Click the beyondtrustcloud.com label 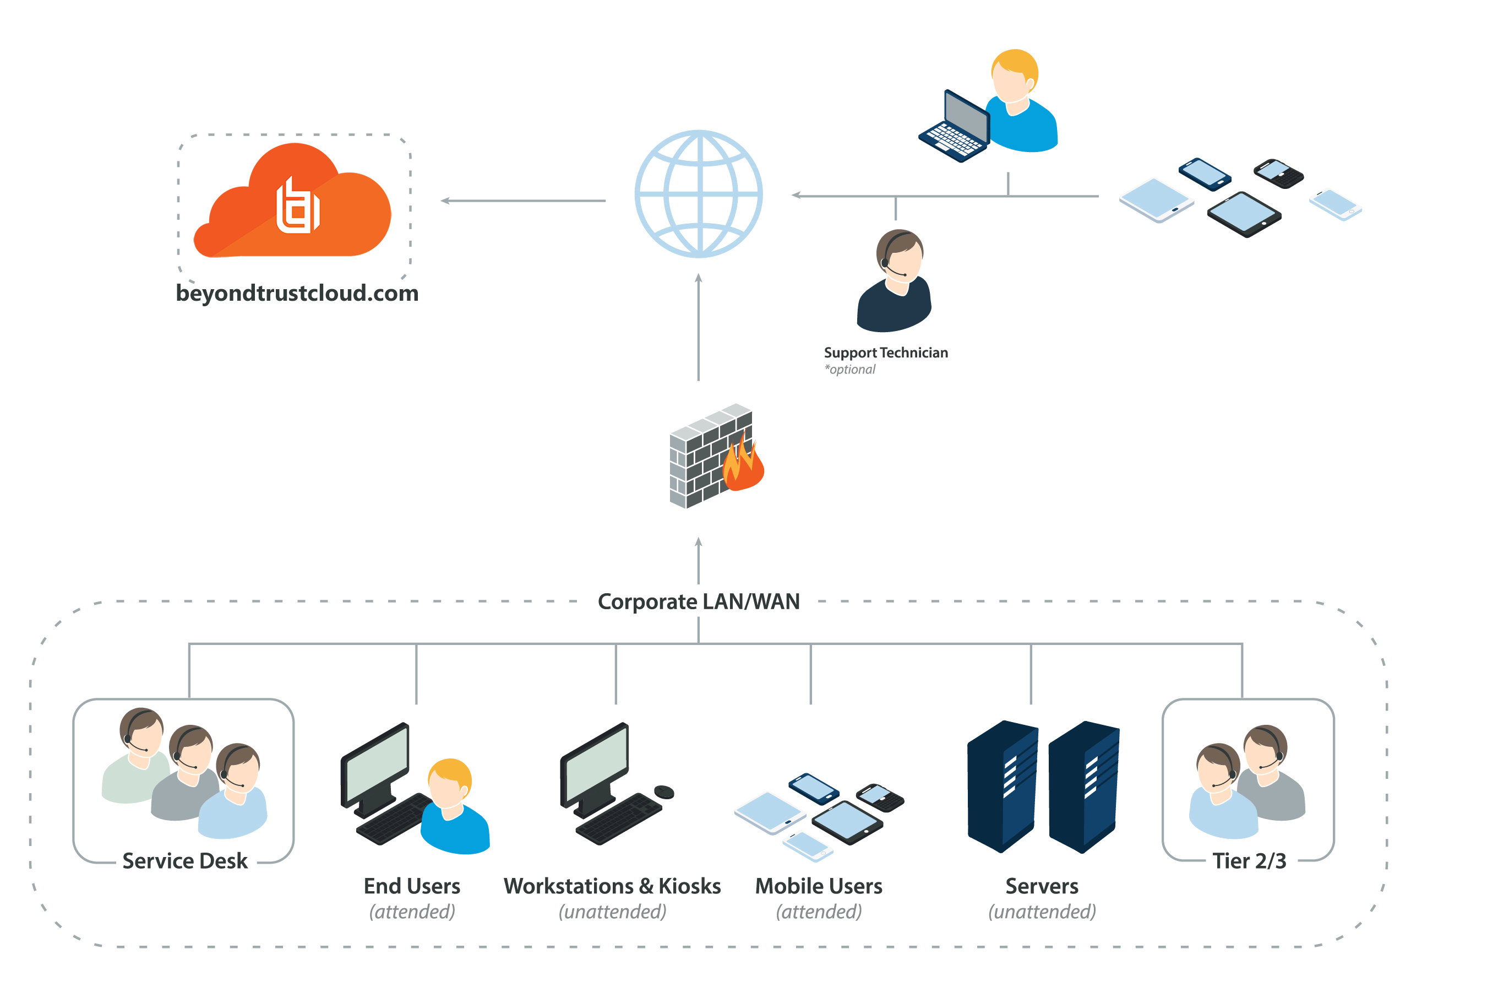297,293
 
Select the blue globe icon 698,194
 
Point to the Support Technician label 885,353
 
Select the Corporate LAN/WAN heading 698,601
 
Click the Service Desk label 185,860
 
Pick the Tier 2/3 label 1249,860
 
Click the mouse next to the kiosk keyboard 664,792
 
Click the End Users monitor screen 377,765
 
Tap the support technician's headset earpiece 885,263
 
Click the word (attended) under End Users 412,912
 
